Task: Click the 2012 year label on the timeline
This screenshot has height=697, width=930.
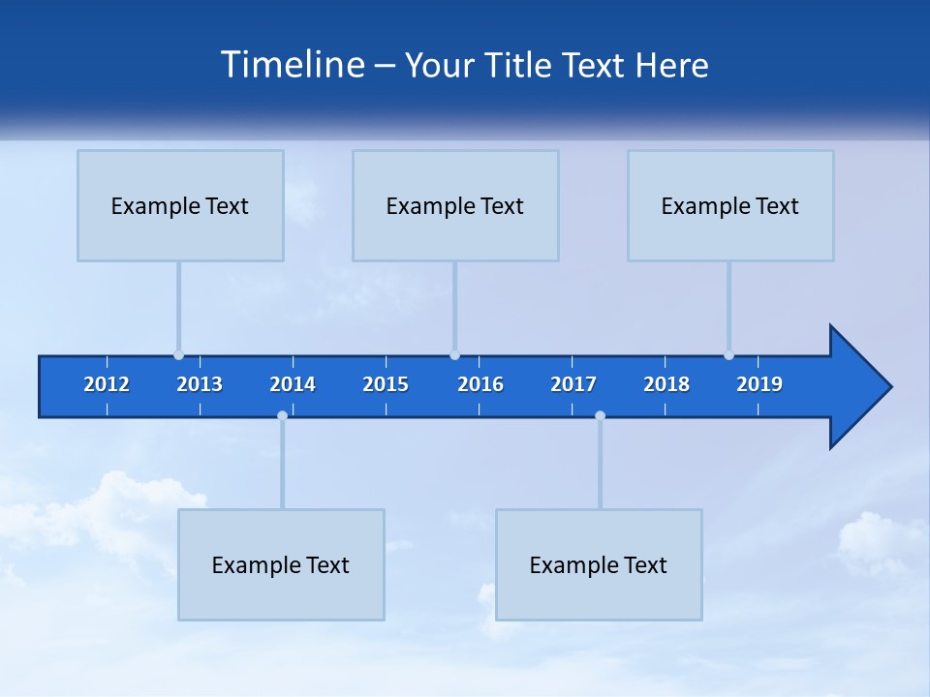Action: click(107, 384)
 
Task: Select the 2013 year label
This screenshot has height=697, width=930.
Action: click(200, 384)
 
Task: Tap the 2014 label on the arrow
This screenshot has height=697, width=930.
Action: click(293, 384)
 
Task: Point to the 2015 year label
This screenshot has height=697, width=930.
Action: click(386, 384)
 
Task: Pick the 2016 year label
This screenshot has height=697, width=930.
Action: click(480, 384)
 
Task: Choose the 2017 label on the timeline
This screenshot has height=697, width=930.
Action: click(573, 384)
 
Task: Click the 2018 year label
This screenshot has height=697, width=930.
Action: click(666, 384)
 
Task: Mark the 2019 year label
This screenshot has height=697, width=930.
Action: click(759, 384)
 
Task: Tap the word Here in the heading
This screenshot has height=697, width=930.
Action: click(672, 65)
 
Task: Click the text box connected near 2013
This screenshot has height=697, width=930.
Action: click(180, 205)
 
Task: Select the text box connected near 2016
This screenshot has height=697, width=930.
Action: click(455, 205)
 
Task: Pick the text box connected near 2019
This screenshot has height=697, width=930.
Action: click(730, 205)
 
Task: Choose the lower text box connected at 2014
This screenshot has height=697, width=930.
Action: click(281, 564)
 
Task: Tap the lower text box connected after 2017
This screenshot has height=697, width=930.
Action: click(599, 564)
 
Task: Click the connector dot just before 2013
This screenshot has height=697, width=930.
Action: click(178, 355)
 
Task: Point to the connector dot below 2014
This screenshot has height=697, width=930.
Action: click(282, 416)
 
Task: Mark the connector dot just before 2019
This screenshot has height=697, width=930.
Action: click(728, 355)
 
